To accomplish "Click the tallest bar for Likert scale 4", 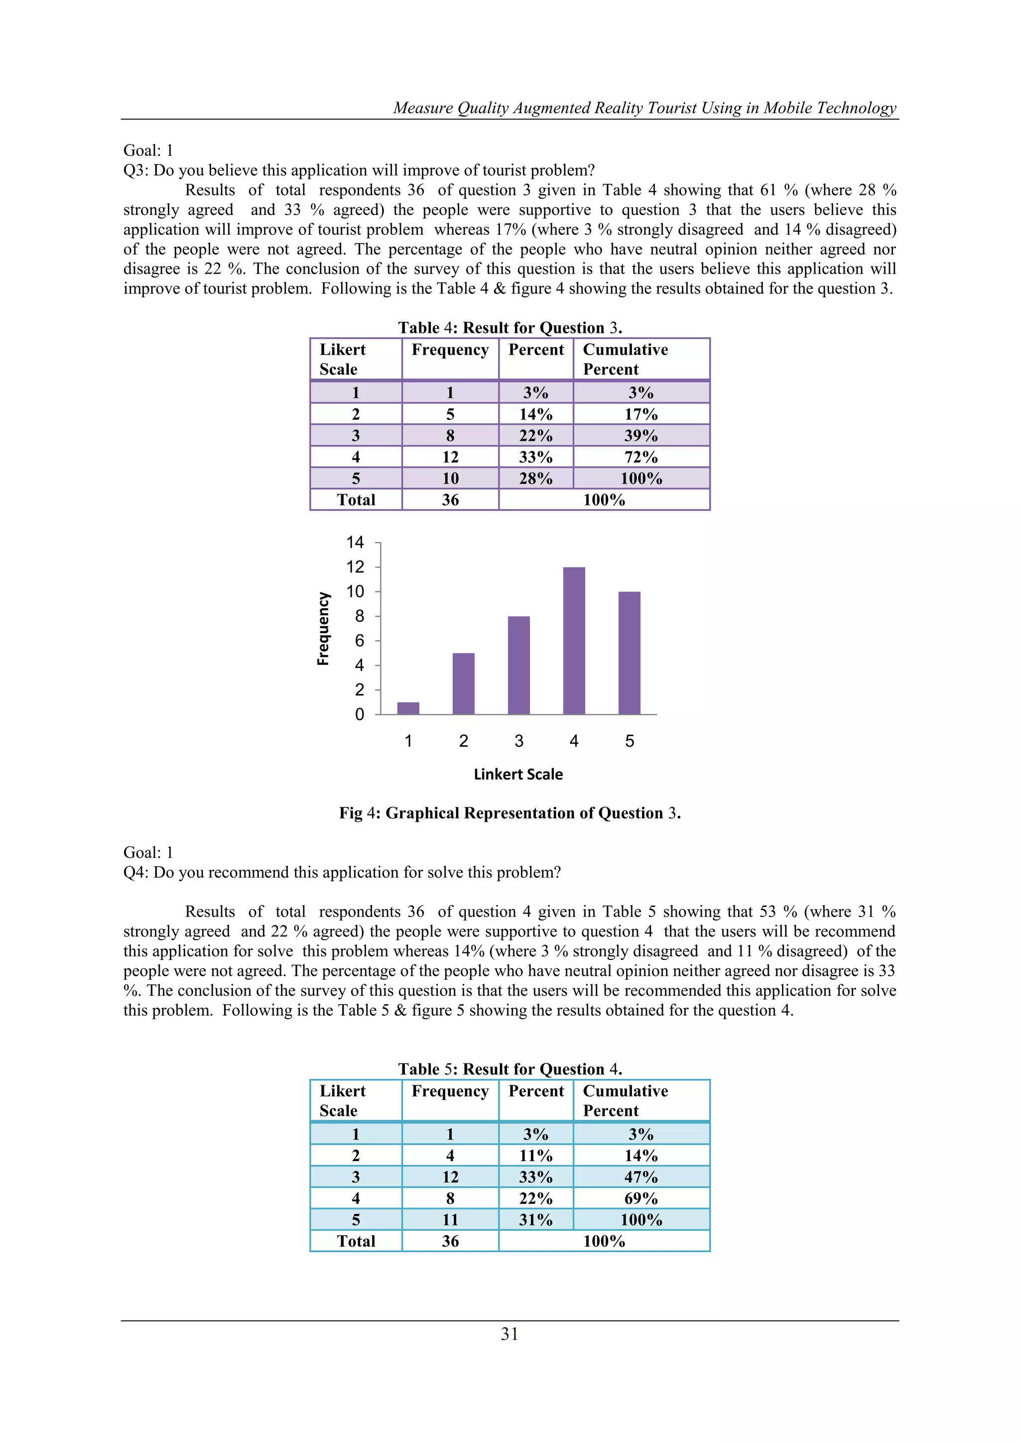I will pos(573,641).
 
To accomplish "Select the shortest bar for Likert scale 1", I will pos(408,708).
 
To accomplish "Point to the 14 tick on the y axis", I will pos(355,542).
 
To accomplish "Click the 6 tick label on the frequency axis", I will pos(359,641).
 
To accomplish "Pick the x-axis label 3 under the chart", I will pos(519,741).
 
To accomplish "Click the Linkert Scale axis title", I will pos(518,775).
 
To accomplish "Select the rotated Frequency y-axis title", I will pos(323,628).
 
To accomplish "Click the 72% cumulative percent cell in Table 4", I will pos(640,457).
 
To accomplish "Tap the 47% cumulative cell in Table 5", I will pos(640,1177).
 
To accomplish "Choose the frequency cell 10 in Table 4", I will pos(450,479).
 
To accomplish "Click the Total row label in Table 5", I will pos(356,1241).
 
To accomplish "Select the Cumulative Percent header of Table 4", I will pos(625,359).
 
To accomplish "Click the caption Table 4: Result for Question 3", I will pos(510,328).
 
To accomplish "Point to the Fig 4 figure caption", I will pos(510,813).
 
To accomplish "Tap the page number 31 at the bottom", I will pos(510,1334).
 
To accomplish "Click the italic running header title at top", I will pos(644,108).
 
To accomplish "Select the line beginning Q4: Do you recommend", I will pos(342,872).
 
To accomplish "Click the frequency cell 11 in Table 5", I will pos(450,1220).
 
